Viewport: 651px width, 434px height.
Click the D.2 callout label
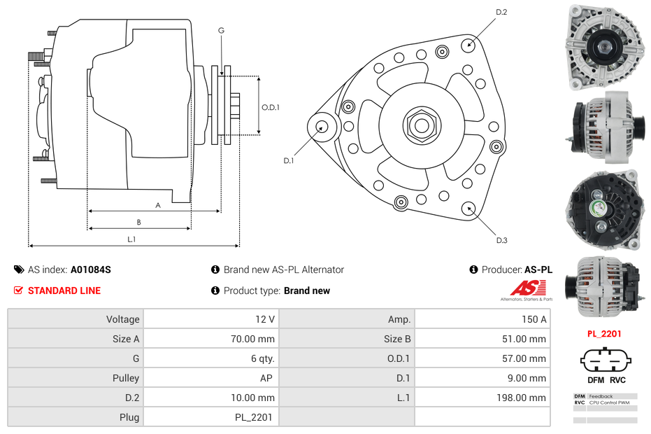point(501,13)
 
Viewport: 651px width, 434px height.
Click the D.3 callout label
point(501,240)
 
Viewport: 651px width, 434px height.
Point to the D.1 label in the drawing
point(288,161)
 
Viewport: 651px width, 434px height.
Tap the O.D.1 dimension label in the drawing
point(271,107)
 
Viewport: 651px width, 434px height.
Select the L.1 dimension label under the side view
point(131,239)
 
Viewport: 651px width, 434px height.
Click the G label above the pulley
point(221,31)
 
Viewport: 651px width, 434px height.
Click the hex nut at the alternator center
point(421,126)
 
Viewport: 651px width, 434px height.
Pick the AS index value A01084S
point(91,269)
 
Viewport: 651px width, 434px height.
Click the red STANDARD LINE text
point(64,290)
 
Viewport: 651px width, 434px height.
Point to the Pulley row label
point(127,378)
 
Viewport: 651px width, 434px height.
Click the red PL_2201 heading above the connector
point(604,334)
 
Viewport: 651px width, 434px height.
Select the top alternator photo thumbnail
point(606,48)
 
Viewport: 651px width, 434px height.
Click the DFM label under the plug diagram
point(595,380)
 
